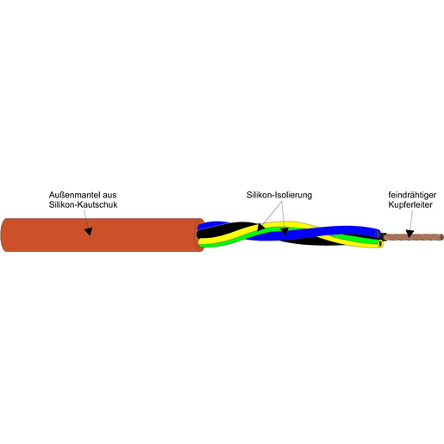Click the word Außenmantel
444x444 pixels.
(x=75, y=195)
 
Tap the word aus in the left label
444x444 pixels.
(x=109, y=195)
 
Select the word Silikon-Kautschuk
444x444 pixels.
(x=83, y=204)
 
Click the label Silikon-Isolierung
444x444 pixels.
(x=279, y=195)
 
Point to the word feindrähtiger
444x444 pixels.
(x=412, y=195)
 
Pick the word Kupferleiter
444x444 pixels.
(x=410, y=204)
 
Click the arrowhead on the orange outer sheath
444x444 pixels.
(x=89, y=231)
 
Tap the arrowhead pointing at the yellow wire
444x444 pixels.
(x=260, y=227)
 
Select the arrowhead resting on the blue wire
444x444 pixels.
(x=285, y=231)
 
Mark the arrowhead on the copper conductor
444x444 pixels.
(x=410, y=234)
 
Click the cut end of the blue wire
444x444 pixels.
(x=378, y=235)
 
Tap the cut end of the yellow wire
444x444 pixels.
(x=380, y=244)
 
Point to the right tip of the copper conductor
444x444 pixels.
(x=442, y=237)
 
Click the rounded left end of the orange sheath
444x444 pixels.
(x=3, y=235)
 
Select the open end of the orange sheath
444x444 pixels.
(x=201, y=235)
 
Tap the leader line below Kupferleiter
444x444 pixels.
(x=411, y=220)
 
